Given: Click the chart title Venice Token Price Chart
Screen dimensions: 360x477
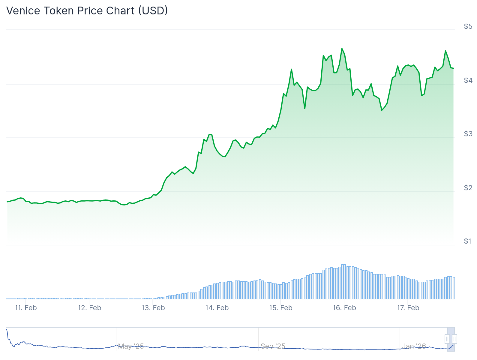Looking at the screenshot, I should (x=87, y=11).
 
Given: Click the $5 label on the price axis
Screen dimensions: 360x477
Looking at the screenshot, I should (x=468, y=26).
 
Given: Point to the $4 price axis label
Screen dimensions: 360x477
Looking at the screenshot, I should (x=468, y=80).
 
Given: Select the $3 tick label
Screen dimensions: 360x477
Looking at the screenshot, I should (x=468, y=134).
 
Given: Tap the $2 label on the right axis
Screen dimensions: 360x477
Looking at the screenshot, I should (x=468, y=188).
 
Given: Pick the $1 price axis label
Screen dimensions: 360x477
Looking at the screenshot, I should (x=468, y=241).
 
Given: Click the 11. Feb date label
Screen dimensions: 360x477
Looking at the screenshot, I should (x=26, y=308).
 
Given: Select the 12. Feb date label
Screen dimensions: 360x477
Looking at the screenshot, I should (x=89, y=308).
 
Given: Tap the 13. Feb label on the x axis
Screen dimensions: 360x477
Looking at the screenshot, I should (x=153, y=308).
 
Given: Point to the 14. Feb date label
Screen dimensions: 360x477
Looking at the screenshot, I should (x=217, y=308).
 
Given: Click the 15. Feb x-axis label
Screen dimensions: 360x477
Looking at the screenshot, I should (x=280, y=308).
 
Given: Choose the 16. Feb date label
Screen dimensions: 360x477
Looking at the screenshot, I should (x=344, y=308).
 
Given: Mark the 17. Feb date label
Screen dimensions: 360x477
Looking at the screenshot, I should (x=408, y=308).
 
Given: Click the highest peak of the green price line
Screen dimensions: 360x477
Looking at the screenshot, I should (x=342, y=49).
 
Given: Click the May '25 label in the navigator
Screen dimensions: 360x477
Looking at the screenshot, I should (x=131, y=346).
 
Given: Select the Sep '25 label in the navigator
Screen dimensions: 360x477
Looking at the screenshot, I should (x=273, y=346).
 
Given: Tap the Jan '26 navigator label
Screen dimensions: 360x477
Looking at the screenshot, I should (x=414, y=346).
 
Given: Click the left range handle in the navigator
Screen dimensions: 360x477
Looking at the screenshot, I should (x=447, y=339).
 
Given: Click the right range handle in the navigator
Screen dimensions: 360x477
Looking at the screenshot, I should (x=454, y=339).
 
